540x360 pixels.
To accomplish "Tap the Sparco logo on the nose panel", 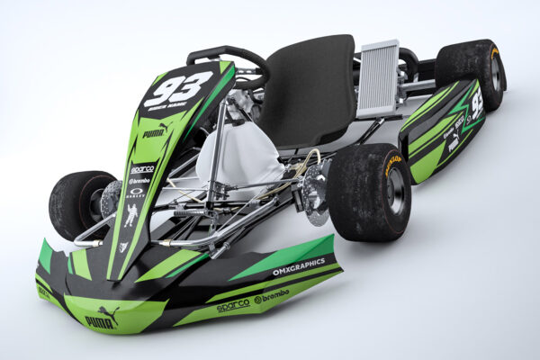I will [x=141, y=168].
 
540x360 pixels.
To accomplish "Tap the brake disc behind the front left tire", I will [x=111, y=200].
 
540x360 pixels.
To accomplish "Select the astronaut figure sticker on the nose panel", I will [x=131, y=216].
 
